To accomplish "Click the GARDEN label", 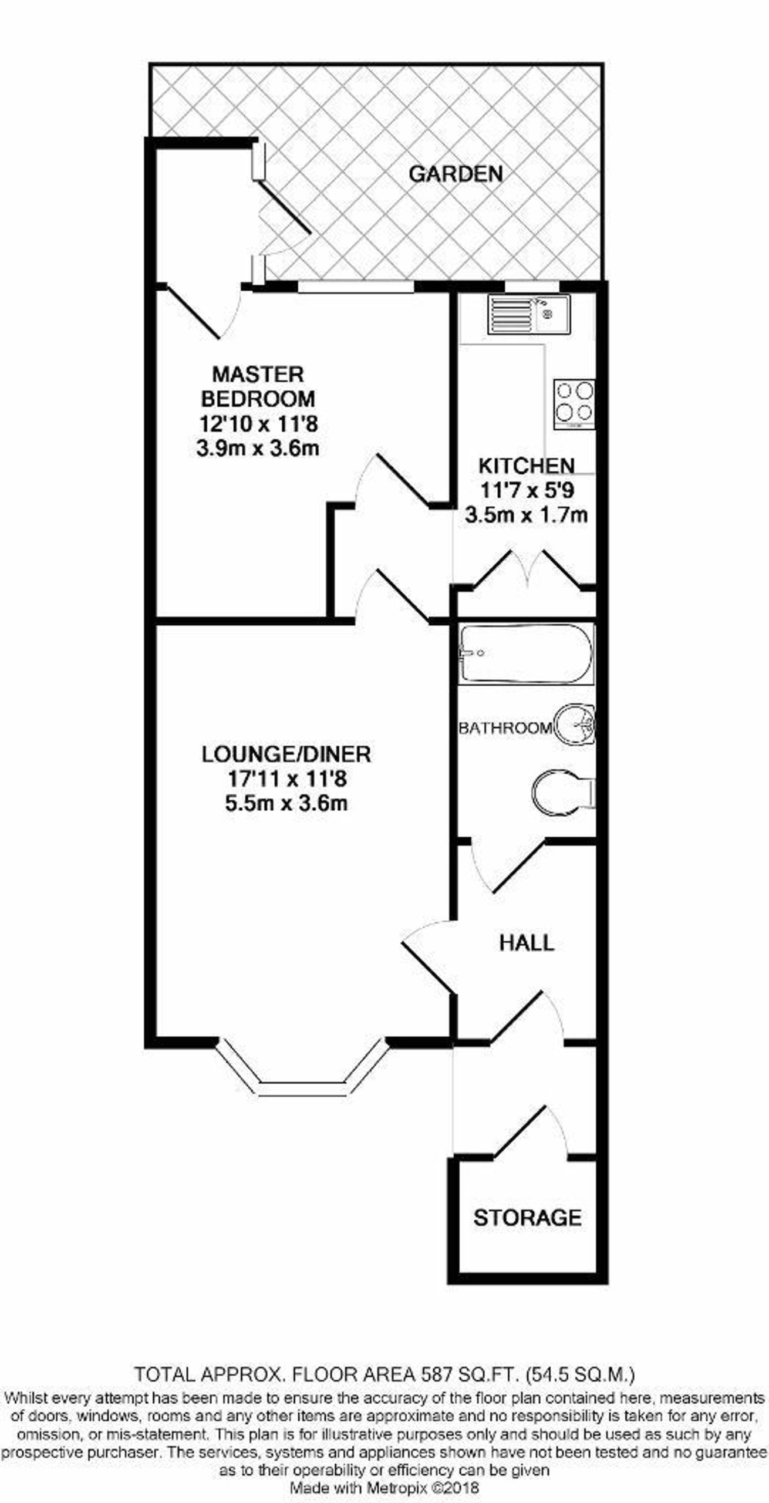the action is point(456,174).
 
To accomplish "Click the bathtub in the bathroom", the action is point(527,654).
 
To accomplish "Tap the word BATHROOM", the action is point(505,728).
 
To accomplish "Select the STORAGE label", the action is point(527,1218).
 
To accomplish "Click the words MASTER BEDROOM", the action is point(258,386).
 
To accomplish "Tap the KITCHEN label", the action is point(527,466).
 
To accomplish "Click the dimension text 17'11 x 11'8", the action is point(287,779).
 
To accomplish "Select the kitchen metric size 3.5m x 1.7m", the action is point(526,515).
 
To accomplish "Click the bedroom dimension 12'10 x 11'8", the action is point(258,423).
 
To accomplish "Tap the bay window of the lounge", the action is point(301,1074).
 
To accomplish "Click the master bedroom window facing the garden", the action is point(356,287).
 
